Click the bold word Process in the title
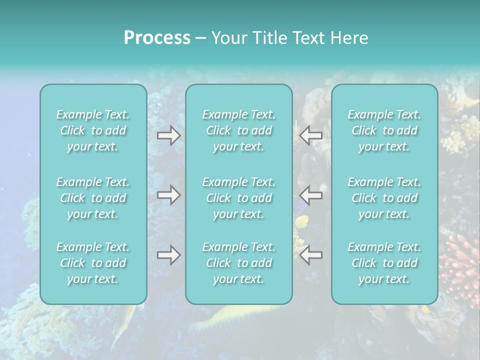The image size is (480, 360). click(x=157, y=38)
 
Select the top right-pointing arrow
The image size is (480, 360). click(x=168, y=135)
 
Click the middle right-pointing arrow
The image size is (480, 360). click(x=168, y=195)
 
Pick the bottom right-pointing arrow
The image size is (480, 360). click(x=168, y=255)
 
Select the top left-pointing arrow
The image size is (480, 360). click(x=311, y=135)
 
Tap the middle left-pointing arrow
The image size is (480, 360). click(x=311, y=195)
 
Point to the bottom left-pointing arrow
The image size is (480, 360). click(x=311, y=255)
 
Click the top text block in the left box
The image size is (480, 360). click(x=93, y=130)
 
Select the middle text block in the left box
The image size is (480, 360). click(x=93, y=198)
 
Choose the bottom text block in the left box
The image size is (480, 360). click(x=93, y=263)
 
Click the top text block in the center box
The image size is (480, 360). click(x=239, y=130)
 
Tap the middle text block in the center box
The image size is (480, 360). click(x=239, y=198)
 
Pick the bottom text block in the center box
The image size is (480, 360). click(x=239, y=263)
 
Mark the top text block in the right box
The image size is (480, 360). click(x=384, y=130)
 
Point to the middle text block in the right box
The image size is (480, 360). click(x=384, y=198)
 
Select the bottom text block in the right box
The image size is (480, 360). click(x=384, y=263)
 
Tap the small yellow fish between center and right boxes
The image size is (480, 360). click(x=301, y=221)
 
